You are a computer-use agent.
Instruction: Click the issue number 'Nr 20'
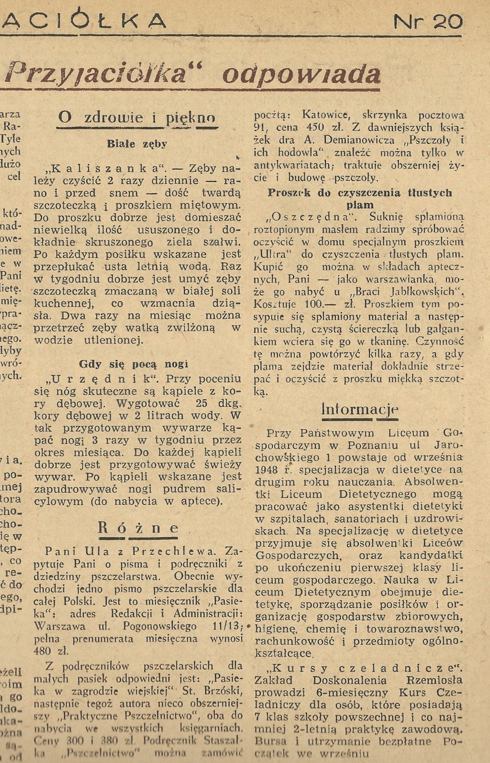click(x=427, y=22)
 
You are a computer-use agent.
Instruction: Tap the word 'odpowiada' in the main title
click(x=302, y=74)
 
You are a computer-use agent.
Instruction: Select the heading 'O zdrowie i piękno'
click(x=136, y=118)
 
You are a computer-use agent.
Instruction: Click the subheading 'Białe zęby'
click(x=137, y=144)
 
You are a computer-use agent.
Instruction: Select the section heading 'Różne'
click(x=138, y=528)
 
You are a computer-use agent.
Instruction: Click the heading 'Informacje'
click(x=359, y=410)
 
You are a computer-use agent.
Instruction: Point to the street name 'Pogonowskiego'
click(x=159, y=626)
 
